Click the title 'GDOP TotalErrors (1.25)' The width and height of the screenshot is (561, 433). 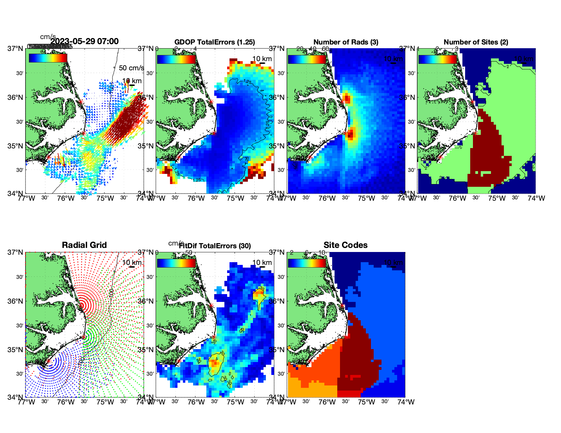click(x=215, y=42)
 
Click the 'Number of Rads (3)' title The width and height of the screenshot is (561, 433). click(x=346, y=42)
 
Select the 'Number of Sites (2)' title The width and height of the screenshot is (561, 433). click(x=476, y=42)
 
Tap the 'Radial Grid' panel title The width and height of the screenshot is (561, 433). click(x=84, y=245)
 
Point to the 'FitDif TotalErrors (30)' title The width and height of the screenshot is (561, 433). click(x=215, y=246)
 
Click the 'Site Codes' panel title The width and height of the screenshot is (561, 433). click(x=345, y=245)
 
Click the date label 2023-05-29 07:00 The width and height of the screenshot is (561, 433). click(x=84, y=41)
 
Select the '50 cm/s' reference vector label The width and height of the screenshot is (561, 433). click(x=131, y=68)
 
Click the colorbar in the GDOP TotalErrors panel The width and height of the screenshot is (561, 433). click(x=176, y=59)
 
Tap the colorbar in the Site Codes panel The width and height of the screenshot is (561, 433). click(x=307, y=263)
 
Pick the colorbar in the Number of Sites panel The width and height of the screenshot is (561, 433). click(x=438, y=59)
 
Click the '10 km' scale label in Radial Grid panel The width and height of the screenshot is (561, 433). click(x=132, y=263)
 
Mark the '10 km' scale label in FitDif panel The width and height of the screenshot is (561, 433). click(x=262, y=263)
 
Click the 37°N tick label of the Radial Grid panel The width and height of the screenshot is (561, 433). click(x=16, y=252)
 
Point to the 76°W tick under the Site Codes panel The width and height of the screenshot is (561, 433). click(x=327, y=402)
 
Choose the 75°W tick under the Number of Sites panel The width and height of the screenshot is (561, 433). click(x=497, y=198)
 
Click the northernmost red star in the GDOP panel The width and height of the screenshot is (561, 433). click(x=211, y=102)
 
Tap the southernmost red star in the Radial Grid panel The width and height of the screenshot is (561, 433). click(x=48, y=361)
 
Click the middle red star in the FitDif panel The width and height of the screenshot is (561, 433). click(x=214, y=337)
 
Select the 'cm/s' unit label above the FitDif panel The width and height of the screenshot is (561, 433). click(x=176, y=243)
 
